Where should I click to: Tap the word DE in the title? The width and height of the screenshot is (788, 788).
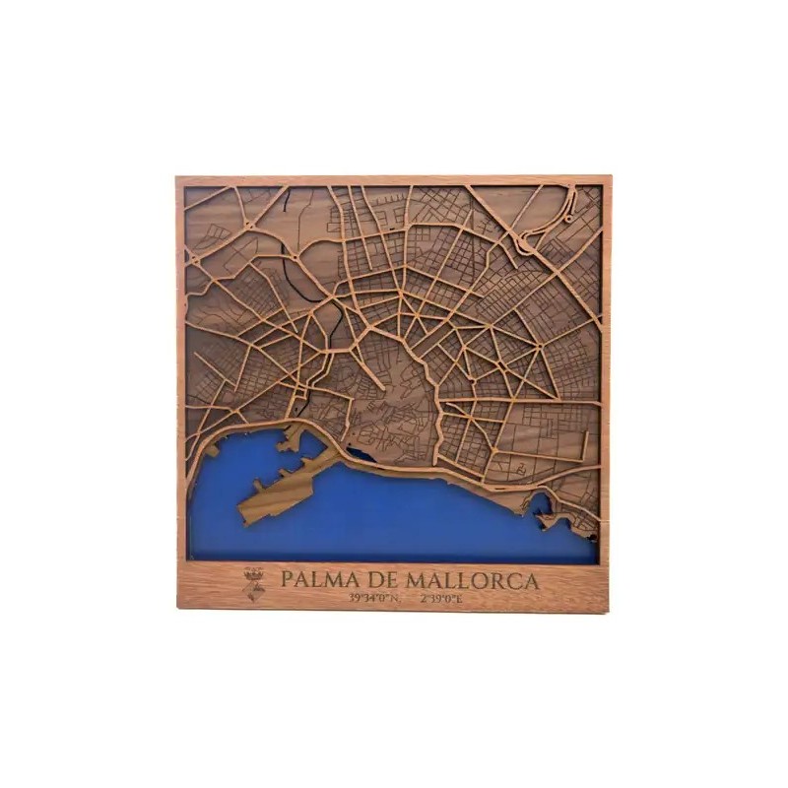click(370, 580)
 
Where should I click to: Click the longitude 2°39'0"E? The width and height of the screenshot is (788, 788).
click(441, 598)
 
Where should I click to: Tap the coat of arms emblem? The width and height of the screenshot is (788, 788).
click(255, 584)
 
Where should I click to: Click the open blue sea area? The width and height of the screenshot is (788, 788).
click(414, 522)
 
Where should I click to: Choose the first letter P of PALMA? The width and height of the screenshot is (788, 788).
click(287, 580)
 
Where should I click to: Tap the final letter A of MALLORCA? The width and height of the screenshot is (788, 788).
click(532, 580)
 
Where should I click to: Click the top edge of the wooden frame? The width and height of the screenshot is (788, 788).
click(394, 181)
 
